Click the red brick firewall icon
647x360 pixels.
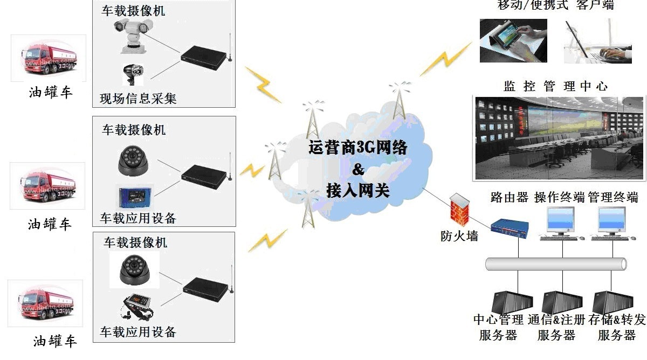(459, 210)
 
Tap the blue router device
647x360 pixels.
(510, 229)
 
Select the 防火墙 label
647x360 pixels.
(459, 236)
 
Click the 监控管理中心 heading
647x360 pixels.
(555, 86)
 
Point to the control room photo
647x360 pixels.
(559, 138)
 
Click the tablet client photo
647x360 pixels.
(513, 40)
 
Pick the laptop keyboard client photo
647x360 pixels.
(597, 41)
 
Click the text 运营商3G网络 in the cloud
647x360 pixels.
(358, 148)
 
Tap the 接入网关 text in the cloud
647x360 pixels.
(358, 191)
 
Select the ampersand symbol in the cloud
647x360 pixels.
(358, 169)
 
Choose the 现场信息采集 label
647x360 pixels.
(138, 99)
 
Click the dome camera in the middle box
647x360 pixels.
(133, 161)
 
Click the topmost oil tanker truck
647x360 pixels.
(49, 58)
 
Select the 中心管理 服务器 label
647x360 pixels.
(498, 327)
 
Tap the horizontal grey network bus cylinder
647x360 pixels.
(556, 264)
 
